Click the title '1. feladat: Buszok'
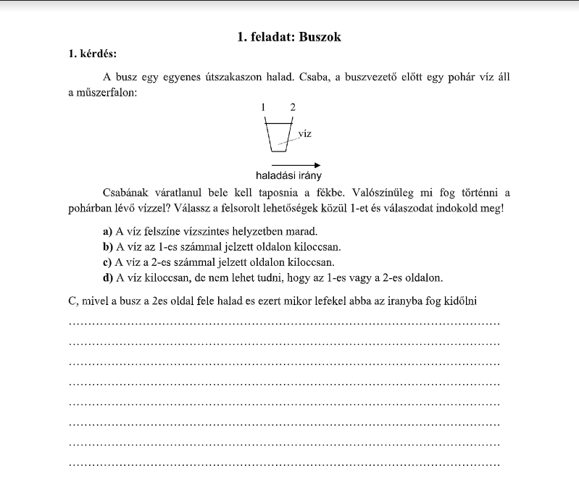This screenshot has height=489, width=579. (289, 37)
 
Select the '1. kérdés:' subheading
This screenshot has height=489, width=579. (92, 54)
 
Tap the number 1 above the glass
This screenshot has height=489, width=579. (264, 107)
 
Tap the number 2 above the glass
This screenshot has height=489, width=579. (292, 107)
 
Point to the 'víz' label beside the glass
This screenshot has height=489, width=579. (304, 133)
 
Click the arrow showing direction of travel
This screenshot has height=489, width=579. (290, 164)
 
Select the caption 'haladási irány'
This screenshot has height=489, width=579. (288, 176)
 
